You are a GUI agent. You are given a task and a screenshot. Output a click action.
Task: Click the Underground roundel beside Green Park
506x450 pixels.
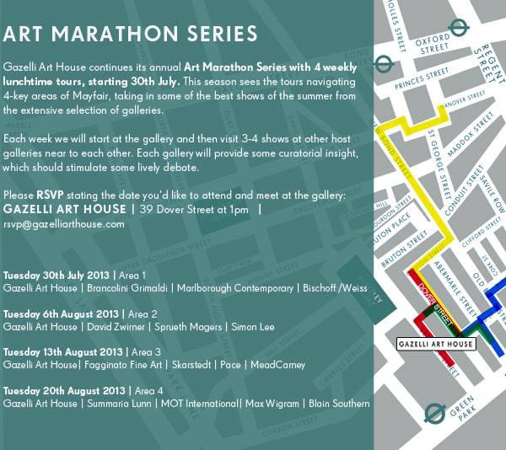[x=434, y=413]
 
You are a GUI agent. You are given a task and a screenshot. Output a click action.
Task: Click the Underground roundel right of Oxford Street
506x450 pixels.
[x=460, y=28]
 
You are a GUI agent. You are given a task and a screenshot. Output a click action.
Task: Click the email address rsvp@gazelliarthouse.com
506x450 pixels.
[x=64, y=224]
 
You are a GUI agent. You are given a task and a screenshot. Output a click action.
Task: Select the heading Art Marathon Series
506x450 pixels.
[x=131, y=35]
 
